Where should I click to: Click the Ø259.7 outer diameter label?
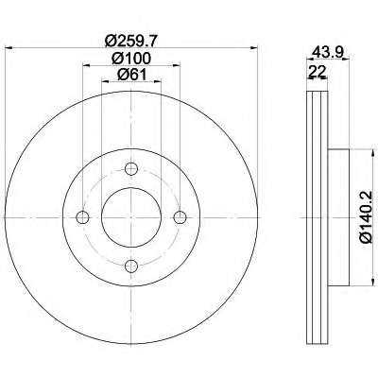pyautogui.click(x=131, y=41)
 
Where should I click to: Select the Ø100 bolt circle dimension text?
pyautogui.click(x=131, y=58)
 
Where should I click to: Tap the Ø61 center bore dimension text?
pyautogui.click(x=131, y=75)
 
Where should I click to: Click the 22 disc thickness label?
pyautogui.click(x=318, y=72)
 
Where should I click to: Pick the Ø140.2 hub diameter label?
pyautogui.click(x=367, y=217)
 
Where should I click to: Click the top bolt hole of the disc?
pyautogui.click(x=131, y=169)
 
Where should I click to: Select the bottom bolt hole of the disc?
pyautogui.click(x=131, y=266)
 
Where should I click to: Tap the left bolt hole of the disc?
pyautogui.click(x=83, y=217)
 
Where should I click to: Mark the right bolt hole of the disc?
pyautogui.click(x=180, y=217)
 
